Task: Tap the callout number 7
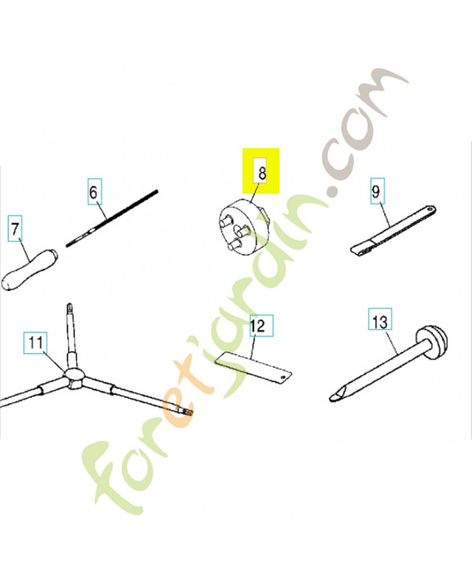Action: click(14, 229)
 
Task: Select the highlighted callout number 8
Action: click(261, 173)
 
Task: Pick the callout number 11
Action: click(35, 343)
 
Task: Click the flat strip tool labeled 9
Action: click(393, 229)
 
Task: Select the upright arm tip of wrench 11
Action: click(69, 307)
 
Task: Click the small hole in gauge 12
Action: click(283, 376)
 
